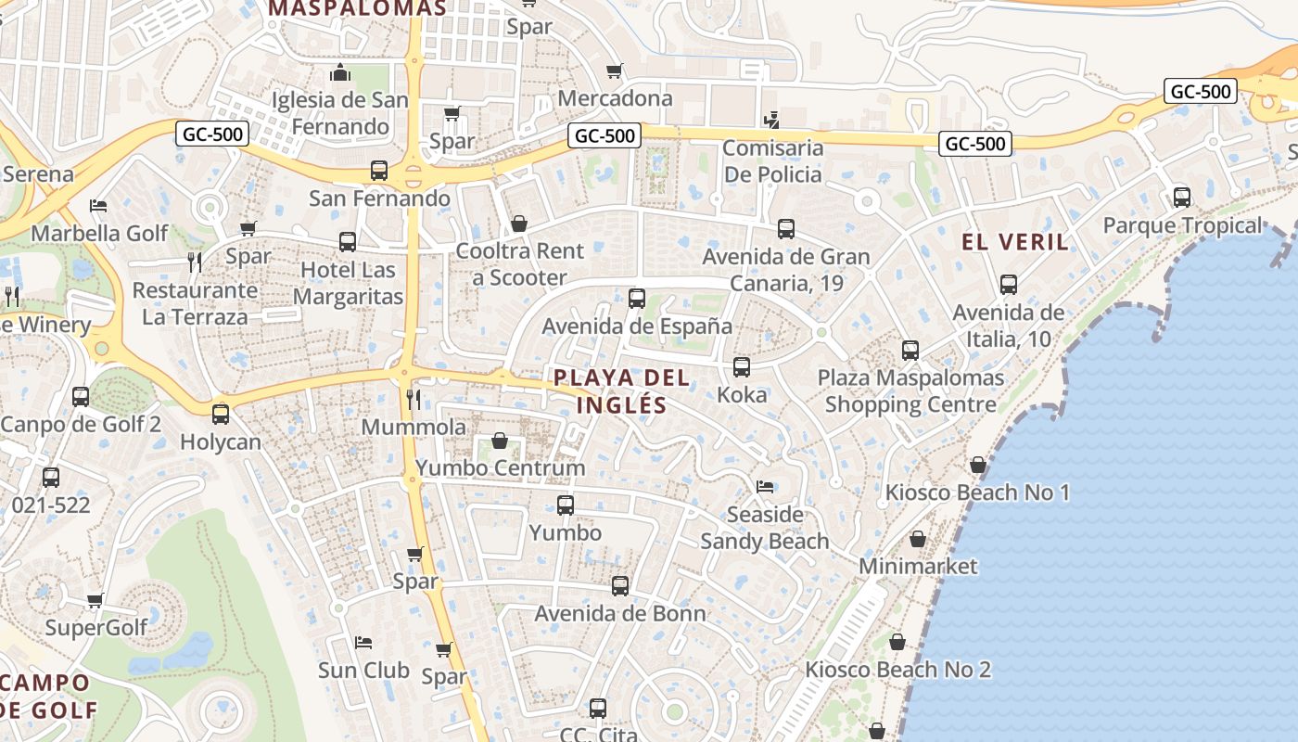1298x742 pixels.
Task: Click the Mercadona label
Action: coord(616,98)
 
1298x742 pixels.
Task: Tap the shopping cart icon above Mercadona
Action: coord(614,71)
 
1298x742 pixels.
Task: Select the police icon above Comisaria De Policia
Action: coord(771,120)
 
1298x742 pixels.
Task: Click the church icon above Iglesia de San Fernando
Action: coord(340,72)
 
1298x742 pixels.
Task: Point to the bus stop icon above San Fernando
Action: coord(378,171)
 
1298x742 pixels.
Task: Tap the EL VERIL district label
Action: coord(1015,243)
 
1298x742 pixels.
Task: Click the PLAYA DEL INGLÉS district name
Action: coord(622,391)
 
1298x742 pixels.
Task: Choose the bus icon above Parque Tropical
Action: coord(1182,198)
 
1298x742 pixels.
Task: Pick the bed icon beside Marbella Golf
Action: coord(98,205)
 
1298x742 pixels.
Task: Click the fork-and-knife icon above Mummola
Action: coord(414,400)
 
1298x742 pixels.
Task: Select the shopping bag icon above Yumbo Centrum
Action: coord(500,441)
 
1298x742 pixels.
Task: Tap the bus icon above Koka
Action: coord(742,367)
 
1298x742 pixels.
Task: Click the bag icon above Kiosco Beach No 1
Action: coord(978,465)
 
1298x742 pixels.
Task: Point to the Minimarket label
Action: coord(918,566)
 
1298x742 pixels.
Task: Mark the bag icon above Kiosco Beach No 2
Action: coord(897,642)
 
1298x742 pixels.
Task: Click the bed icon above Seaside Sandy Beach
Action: coord(765,486)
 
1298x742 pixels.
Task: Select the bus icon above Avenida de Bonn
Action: coord(620,586)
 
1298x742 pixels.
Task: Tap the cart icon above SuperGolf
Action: coord(95,601)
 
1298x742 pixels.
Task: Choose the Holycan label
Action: coord(221,442)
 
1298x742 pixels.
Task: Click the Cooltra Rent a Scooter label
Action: coord(519,264)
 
